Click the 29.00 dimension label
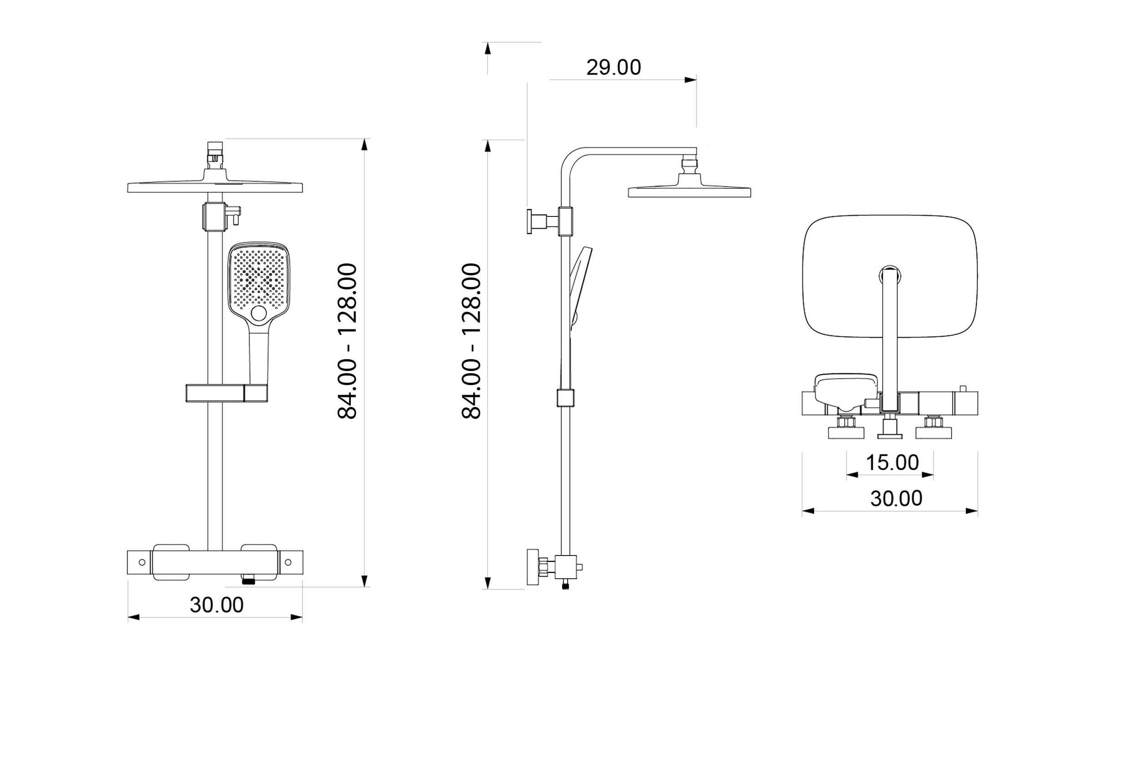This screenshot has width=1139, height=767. point(613,67)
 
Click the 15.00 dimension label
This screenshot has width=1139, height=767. point(892,463)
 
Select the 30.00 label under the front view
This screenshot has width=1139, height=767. point(217,605)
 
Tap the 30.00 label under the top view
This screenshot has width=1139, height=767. point(896,499)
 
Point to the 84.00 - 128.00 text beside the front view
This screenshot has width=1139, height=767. point(348,340)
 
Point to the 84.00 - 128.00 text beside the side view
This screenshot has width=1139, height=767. point(472,340)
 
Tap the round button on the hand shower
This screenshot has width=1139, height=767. point(259,313)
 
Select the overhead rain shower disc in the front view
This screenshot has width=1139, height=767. point(215,187)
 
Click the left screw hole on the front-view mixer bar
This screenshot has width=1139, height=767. point(142,562)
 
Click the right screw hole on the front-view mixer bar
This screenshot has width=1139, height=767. point(288,562)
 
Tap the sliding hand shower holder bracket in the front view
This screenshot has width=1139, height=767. point(226,393)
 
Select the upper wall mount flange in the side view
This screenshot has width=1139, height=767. point(530,221)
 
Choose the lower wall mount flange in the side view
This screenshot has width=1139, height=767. point(532,567)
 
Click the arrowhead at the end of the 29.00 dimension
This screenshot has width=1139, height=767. point(691,80)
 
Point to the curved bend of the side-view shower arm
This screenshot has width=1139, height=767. point(570,159)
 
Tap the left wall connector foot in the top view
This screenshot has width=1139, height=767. point(846,432)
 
